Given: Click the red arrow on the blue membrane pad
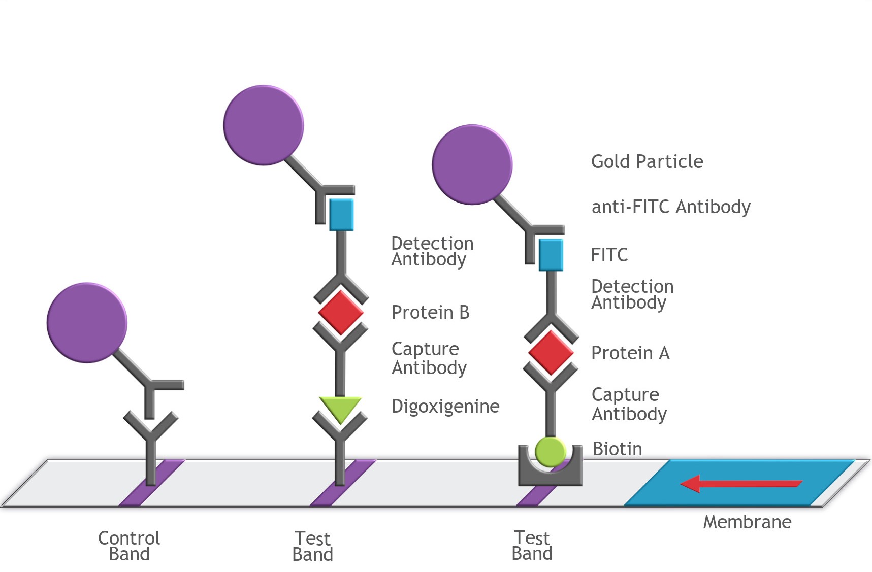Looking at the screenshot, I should (x=741, y=484).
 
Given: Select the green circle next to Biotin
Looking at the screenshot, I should (x=550, y=451).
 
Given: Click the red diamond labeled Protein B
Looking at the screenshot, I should (x=341, y=312).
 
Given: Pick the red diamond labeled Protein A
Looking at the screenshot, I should (x=551, y=352).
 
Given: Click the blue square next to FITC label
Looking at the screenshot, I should (x=551, y=255).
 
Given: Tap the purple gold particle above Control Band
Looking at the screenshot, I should (x=87, y=323).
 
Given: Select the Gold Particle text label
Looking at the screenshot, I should (x=647, y=162).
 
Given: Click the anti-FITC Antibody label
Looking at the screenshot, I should (x=671, y=207).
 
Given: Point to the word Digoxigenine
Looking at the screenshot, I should (x=445, y=407).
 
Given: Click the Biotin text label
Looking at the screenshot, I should (x=617, y=449).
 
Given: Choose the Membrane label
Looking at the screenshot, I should (x=747, y=522).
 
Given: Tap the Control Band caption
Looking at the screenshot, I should (x=129, y=546).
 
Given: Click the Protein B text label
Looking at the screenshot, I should (x=430, y=313).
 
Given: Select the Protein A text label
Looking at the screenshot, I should (x=630, y=353).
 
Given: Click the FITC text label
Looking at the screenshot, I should (x=609, y=255).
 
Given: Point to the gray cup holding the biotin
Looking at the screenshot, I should (x=550, y=476).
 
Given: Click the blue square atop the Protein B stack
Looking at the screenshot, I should (x=341, y=215).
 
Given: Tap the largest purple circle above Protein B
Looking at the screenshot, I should (x=264, y=125).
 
